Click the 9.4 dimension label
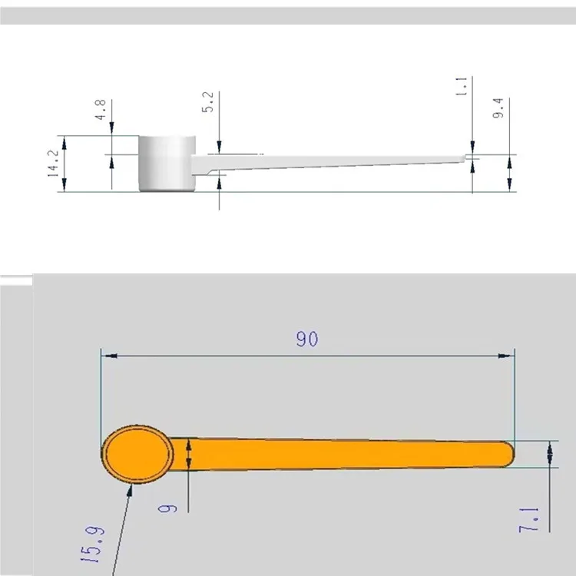pos(498,108)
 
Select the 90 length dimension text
pos(306,339)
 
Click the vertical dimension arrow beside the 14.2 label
pos(64,164)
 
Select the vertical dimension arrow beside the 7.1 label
pos(550,453)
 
